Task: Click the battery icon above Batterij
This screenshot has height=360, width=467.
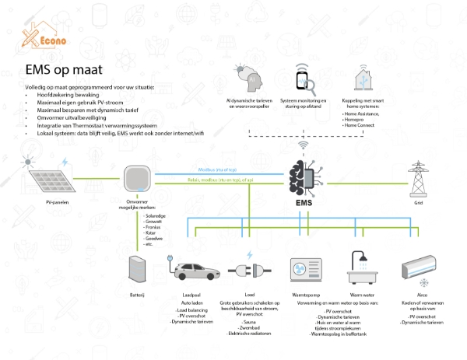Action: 137,269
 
